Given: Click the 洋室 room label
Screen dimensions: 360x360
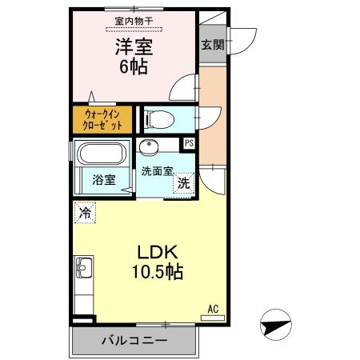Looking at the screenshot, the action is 134,47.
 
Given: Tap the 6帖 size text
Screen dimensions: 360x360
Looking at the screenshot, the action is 134,66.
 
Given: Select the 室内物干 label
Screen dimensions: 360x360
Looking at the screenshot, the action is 134,22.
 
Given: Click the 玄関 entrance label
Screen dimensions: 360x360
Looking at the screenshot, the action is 213,45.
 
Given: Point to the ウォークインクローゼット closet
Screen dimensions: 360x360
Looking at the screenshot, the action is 102,120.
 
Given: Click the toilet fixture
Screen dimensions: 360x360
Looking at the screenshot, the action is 159,119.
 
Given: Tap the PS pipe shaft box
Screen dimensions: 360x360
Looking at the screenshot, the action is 189,143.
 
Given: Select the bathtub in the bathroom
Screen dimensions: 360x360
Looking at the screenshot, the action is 102,154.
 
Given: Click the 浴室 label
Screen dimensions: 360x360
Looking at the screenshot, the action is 104,180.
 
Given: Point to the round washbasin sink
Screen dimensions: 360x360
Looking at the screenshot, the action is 149,147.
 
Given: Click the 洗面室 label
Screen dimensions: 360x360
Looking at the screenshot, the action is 158,171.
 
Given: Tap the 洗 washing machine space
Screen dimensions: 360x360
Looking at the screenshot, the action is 183,183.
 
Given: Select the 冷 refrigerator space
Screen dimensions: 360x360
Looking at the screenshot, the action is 85,213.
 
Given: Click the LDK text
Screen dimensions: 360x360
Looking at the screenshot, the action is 158,252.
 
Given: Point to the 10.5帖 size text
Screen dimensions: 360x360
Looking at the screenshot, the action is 158,272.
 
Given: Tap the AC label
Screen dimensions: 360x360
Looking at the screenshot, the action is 213,309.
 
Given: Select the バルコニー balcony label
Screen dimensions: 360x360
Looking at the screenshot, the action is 134,340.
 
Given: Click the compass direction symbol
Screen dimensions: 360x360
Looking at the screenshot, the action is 276,325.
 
